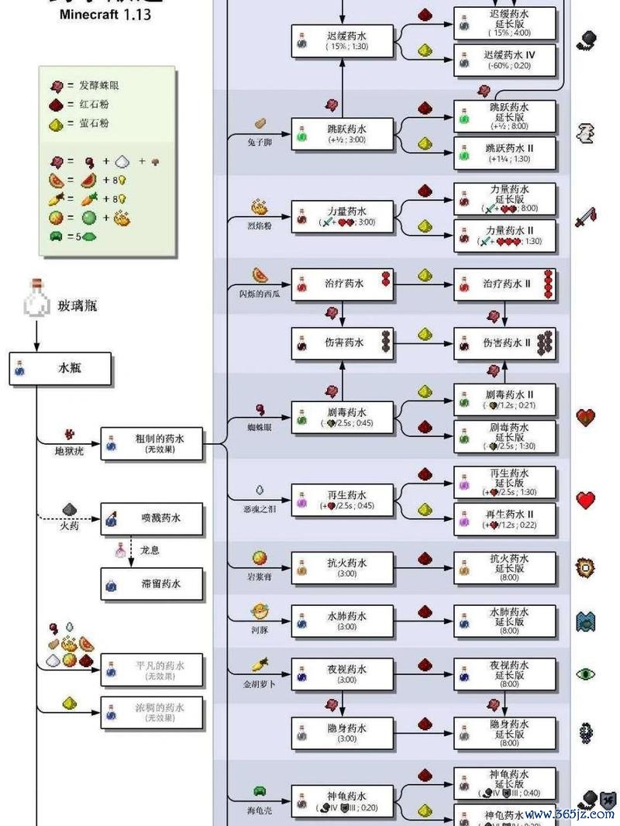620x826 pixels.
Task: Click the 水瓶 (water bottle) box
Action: pos(60,370)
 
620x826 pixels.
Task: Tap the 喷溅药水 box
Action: pos(153,518)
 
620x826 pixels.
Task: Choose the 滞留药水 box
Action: pos(153,583)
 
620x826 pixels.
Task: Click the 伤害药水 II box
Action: pos(505,342)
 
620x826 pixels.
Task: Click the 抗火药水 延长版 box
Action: pos(505,567)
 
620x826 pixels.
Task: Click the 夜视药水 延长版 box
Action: pos(505,674)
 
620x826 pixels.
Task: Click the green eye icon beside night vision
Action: pos(586,674)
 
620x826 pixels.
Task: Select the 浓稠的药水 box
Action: pos(153,712)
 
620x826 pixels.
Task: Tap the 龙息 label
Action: pos(150,549)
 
